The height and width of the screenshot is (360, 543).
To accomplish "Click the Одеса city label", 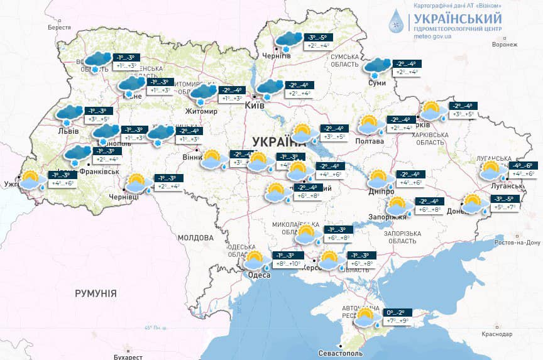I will [259, 275].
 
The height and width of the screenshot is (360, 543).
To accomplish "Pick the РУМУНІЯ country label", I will [96, 293].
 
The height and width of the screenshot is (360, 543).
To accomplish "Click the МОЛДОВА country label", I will [195, 238].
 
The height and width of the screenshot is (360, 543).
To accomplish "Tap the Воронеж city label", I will [505, 45].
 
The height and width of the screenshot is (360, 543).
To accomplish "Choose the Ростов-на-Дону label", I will [518, 243].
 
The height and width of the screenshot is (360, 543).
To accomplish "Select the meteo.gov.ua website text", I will [434, 36].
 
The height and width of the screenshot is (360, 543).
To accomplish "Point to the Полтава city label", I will [371, 141].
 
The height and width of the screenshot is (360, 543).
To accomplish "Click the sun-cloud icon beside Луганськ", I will [495, 170].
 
